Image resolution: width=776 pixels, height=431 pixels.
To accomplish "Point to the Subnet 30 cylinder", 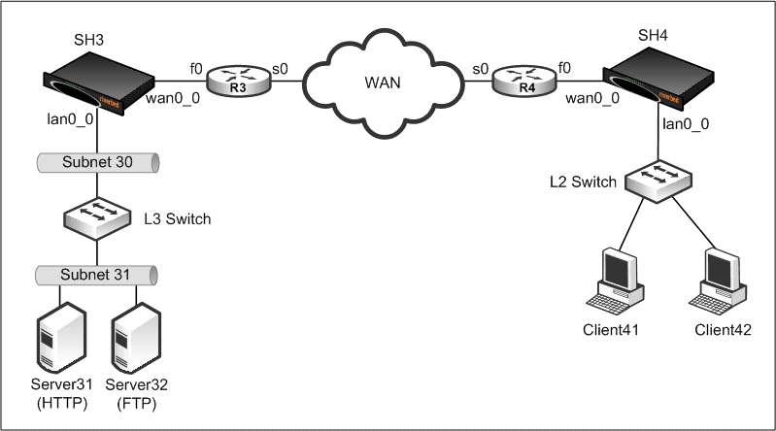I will coord(97,161).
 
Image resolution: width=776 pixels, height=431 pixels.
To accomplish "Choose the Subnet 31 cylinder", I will coord(97,276).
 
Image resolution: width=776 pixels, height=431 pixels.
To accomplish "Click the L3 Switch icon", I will coord(97,218).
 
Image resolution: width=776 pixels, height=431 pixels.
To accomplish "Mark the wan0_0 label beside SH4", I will coord(592,99).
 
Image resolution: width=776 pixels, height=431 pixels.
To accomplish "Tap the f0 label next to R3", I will coord(195,69).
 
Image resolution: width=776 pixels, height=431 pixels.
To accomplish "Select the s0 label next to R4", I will coord(480,69).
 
